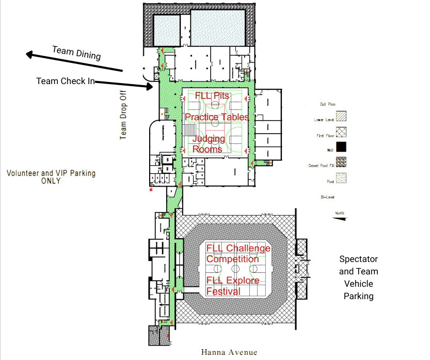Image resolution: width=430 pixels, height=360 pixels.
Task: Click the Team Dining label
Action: click(x=76, y=53)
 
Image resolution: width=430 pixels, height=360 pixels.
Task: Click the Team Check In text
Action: click(x=65, y=81)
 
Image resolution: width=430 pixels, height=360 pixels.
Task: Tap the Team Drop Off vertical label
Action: click(x=124, y=117)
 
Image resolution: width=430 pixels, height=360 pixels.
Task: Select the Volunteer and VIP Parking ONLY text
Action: click(x=51, y=177)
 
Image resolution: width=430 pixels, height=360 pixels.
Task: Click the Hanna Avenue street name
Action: click(x=229, y=353)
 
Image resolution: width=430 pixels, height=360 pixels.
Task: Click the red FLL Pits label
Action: click(x=212, y=96)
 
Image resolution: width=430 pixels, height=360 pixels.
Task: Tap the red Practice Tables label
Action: click(x=216, y=117)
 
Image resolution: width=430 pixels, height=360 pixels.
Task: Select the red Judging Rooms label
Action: click(x=208, y=144)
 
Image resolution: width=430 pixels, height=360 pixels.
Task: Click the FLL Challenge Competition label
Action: click(x=238, y=254)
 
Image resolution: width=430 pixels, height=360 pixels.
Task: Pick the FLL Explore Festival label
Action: click(x=233, y=286)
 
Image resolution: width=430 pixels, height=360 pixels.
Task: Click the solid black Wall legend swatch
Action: click(x=341, y=151)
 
